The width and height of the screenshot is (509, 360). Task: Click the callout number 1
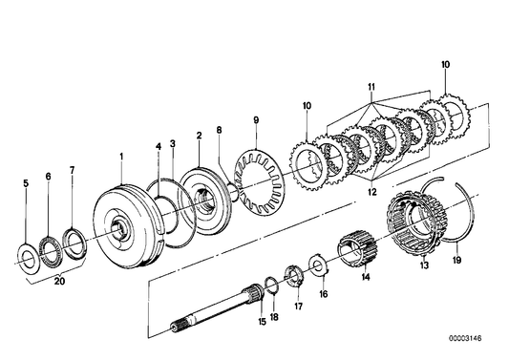[121, 154]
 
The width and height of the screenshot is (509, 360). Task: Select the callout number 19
[457, 258]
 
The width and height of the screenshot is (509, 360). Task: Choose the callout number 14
[364, 278]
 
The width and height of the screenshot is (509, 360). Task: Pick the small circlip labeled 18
[271, 283]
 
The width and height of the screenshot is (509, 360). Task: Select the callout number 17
[298, 307]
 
